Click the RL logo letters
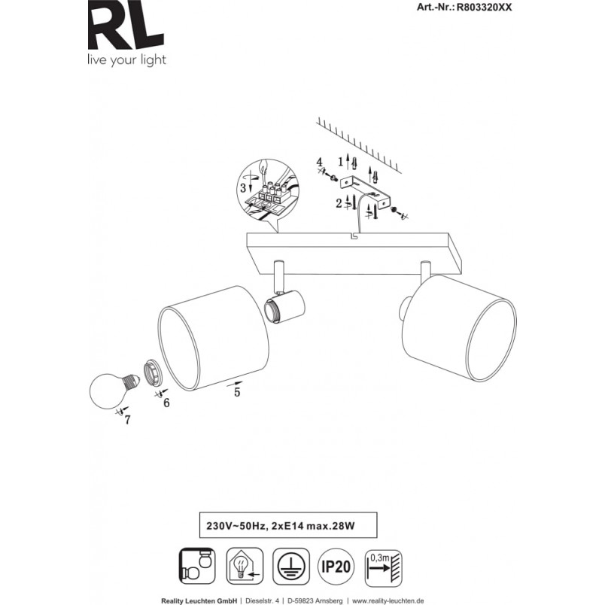click(x=126, y=25)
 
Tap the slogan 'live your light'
click(x=127, y=60)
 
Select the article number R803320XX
click(x=485, y=8)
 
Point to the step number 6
click(x=166, y=403)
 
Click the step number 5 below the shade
click(x=237, y=392)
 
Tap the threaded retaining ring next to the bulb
click(x=153, y=373)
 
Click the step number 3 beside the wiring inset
click(x=243, y=188)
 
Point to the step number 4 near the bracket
click(x=319, y=162)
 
